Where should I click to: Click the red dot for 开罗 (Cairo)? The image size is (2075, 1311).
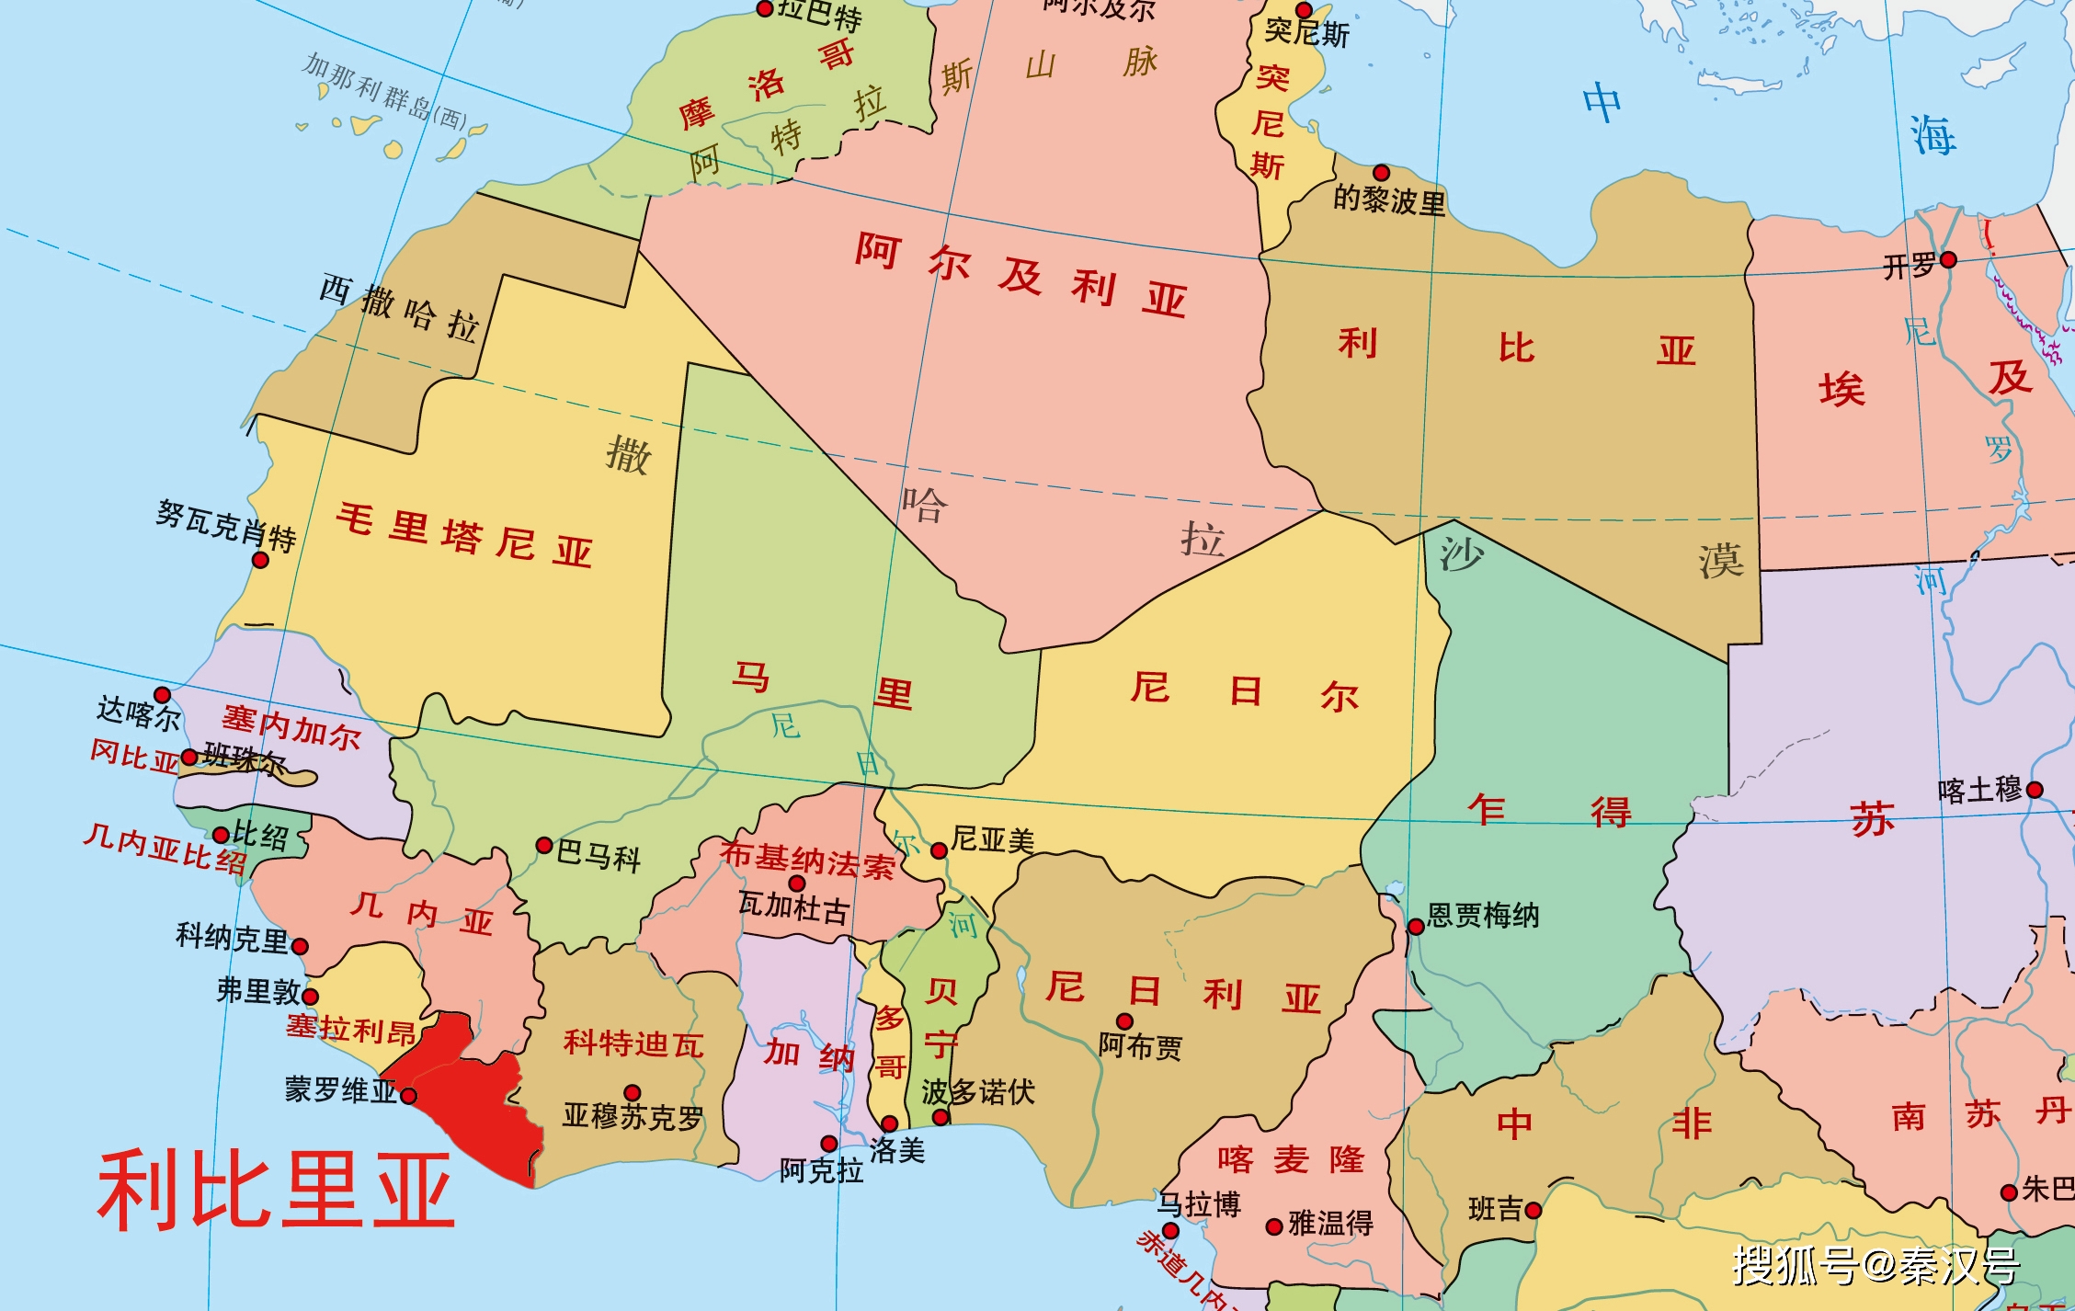(x=1947, y=260)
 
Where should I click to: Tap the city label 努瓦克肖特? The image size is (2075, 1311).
(x=225, y=526)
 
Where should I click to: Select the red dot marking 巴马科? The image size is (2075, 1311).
(x=544, y=845)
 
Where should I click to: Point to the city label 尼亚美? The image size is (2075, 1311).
(x=993, y=839)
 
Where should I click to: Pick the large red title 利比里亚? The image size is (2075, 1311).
(x=276, y=1191)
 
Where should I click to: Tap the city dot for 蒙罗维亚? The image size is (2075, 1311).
(x=409, y=1096)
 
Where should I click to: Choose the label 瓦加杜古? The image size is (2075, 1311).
(x=793, y=907)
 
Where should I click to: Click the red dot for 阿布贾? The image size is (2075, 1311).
(x=1124, y=1021)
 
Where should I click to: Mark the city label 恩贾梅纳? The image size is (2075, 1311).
(x=1483, y=916)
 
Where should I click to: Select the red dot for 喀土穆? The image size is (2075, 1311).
(x=2035, y=790)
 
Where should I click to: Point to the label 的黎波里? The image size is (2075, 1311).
(x=1389, y=199)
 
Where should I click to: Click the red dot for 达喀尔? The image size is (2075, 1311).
(x=162, y=694)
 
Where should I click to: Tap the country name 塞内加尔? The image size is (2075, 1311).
(x=291, y=727)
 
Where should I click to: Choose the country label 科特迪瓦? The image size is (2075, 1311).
(x=633, y=1043)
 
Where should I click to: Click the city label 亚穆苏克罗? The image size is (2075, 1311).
(x=633, y=1116)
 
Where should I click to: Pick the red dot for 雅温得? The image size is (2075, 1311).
(x=1274, y=1226)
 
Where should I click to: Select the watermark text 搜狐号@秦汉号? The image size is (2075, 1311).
(x=1875, y=1266)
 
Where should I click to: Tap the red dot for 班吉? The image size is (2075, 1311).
(x=1533, y=1211)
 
